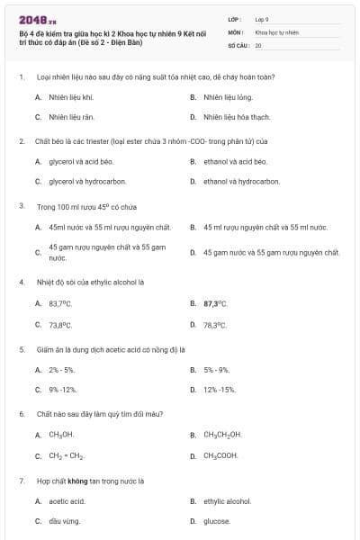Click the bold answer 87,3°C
point(215,304)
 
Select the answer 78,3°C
point(214,325)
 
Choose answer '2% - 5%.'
point(62,369)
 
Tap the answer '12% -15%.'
point(220,390)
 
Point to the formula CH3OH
point(61,435)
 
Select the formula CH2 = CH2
point(66,455)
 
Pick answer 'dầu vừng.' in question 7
point(64,521)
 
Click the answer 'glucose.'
point(216,521)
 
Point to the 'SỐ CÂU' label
point(238,44)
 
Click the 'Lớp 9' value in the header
point(262,19)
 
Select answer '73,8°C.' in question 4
point(61,325)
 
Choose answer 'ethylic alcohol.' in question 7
point(227,500)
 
